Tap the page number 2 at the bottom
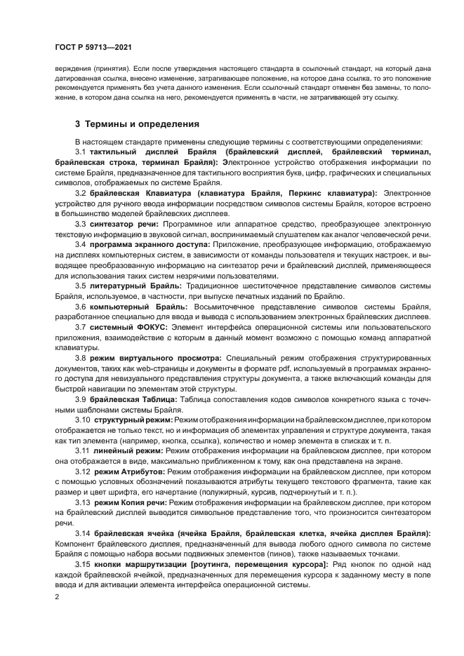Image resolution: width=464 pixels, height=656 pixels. point(57,596)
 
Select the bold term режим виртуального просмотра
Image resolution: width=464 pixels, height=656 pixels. point(156,357)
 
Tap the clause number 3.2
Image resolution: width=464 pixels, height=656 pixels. point(81,192)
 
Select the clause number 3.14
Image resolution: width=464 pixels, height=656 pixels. point(83,533)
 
